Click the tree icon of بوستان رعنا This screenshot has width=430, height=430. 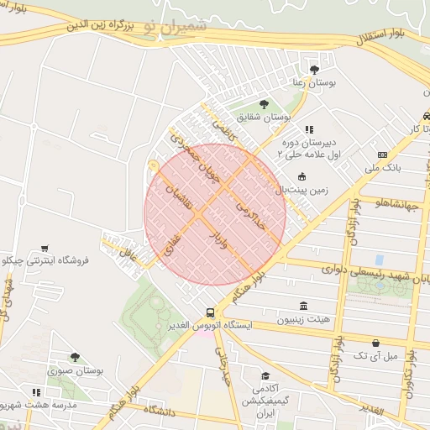pyautogui.click(x=314, y=69)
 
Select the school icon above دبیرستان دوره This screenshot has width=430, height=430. pyautogui.click(x=309, y=130)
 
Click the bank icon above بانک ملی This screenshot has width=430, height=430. pyautogui.click(x=383, y=155)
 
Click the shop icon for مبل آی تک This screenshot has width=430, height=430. pyautogui.click(x=375, y=343)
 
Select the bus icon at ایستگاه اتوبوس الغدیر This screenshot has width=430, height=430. pyautogui.click(x=210, y=311)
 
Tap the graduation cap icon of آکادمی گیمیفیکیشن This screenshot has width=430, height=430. pyautogui.click(x=265, y=376)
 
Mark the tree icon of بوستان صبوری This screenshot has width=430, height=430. pyautogui.click(x=75, y=357)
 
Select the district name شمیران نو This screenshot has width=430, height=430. pyautogui.click(x=173, y=27)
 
